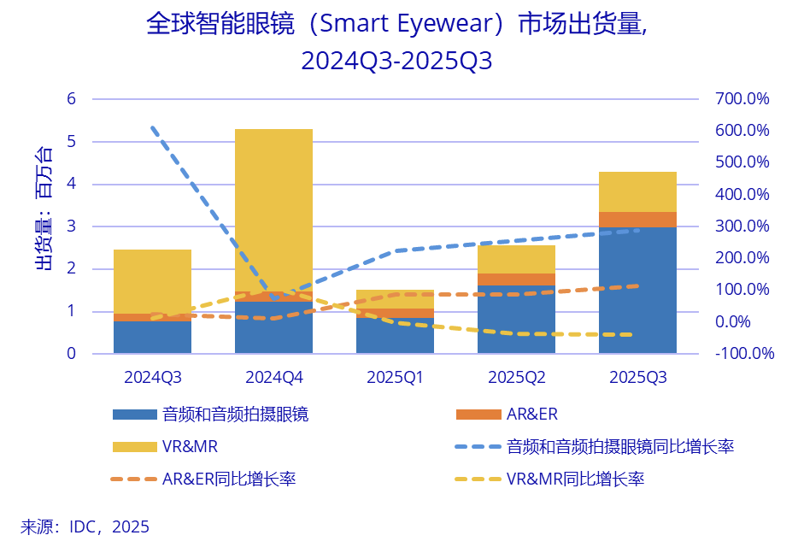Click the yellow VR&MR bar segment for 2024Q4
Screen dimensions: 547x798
[273, 205]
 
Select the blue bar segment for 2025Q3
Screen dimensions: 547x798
[637, 291]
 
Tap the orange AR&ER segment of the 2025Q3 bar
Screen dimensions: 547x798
[637, 219]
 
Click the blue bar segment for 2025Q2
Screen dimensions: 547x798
[516, 320]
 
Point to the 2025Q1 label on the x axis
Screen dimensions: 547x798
[395, 376]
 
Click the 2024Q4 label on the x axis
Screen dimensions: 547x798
[273, 376]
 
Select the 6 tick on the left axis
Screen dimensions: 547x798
[72, 99]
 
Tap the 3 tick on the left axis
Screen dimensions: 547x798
[72, 226]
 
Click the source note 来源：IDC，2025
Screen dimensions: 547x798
[85, 526]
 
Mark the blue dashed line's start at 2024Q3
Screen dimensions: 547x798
[152, 127]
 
